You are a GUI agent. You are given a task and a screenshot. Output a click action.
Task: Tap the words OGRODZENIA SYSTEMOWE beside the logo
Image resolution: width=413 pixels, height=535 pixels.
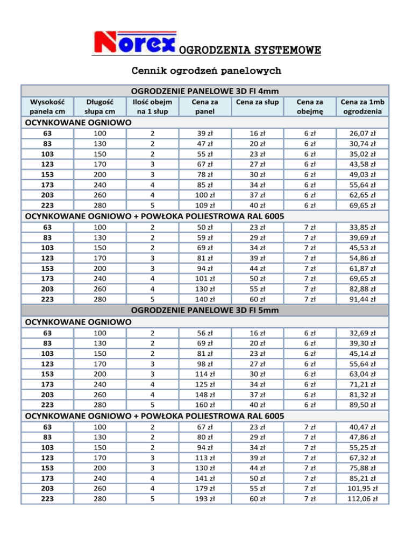(x=250, y=51)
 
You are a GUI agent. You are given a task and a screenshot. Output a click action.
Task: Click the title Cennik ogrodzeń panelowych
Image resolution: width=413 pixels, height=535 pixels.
(x=206, y=71)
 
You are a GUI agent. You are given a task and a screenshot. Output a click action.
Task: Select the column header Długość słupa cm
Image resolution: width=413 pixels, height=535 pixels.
(x=97, y=106)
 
